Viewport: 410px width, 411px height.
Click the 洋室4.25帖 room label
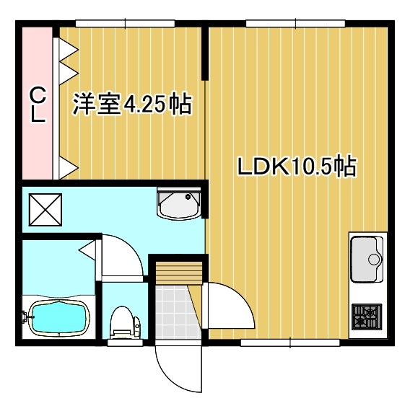[132, 104]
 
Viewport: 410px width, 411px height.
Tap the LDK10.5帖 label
[297, 166]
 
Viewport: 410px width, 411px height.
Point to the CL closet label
[38, 105]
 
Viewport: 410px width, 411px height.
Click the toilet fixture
[125, 323]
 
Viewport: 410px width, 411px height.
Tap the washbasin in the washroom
[179, 204]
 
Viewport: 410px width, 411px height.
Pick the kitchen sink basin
[367, 259]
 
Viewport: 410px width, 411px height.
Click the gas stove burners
[367, 317]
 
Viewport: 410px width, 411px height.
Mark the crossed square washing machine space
[45, 210]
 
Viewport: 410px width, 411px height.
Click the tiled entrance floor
[178, 312]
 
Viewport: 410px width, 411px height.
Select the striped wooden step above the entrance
[179, 273]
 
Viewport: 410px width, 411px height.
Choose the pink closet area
[37, 103]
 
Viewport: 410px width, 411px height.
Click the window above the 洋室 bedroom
[125, 23]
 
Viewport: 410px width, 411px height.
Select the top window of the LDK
[295, 23]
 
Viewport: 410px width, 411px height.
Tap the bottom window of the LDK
[290, 342]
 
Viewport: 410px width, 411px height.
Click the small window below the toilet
[125, 342]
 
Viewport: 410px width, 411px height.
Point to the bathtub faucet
[26, 315]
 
